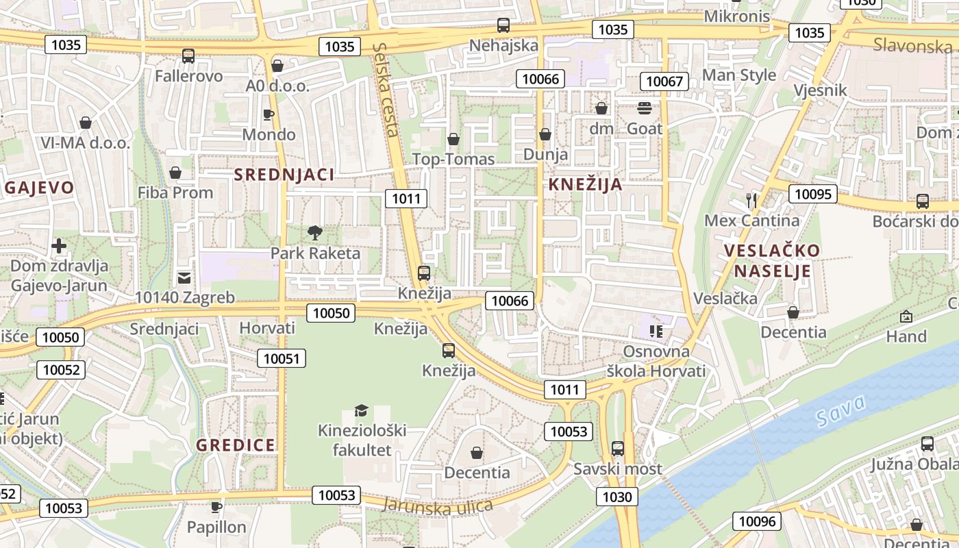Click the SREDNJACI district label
click(x=284, y=175)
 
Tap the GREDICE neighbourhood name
click(x=236, y=445)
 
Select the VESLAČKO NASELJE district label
click(x=773, y=260)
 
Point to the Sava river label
click(x=841, y=409)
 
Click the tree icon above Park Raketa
click(x=315, y=233)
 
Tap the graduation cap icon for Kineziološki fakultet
click(x=361, y=410)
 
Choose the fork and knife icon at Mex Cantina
click(x=752, y=201)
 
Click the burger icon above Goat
click(x=645, y=108)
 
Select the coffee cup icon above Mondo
click(x=269, y=114)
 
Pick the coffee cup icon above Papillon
click(x=216, y=507)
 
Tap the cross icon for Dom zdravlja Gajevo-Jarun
click(x=59, y=245)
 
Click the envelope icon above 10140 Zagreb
click(x=184, y=277)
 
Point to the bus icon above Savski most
click(x=618, y=449)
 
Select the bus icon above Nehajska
click(x=503, y=25)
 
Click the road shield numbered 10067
click(x=664, y=82)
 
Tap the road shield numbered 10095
click(x=813, y=194)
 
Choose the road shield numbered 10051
click(x=282, y=358)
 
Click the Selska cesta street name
click(x=386, y=89)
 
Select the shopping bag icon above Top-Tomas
click(x=453, y=140)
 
